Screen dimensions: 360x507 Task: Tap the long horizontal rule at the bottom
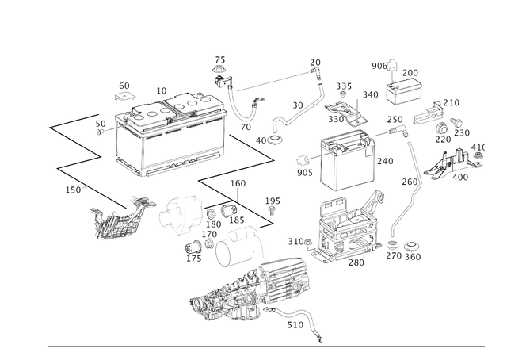click(269, 347)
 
